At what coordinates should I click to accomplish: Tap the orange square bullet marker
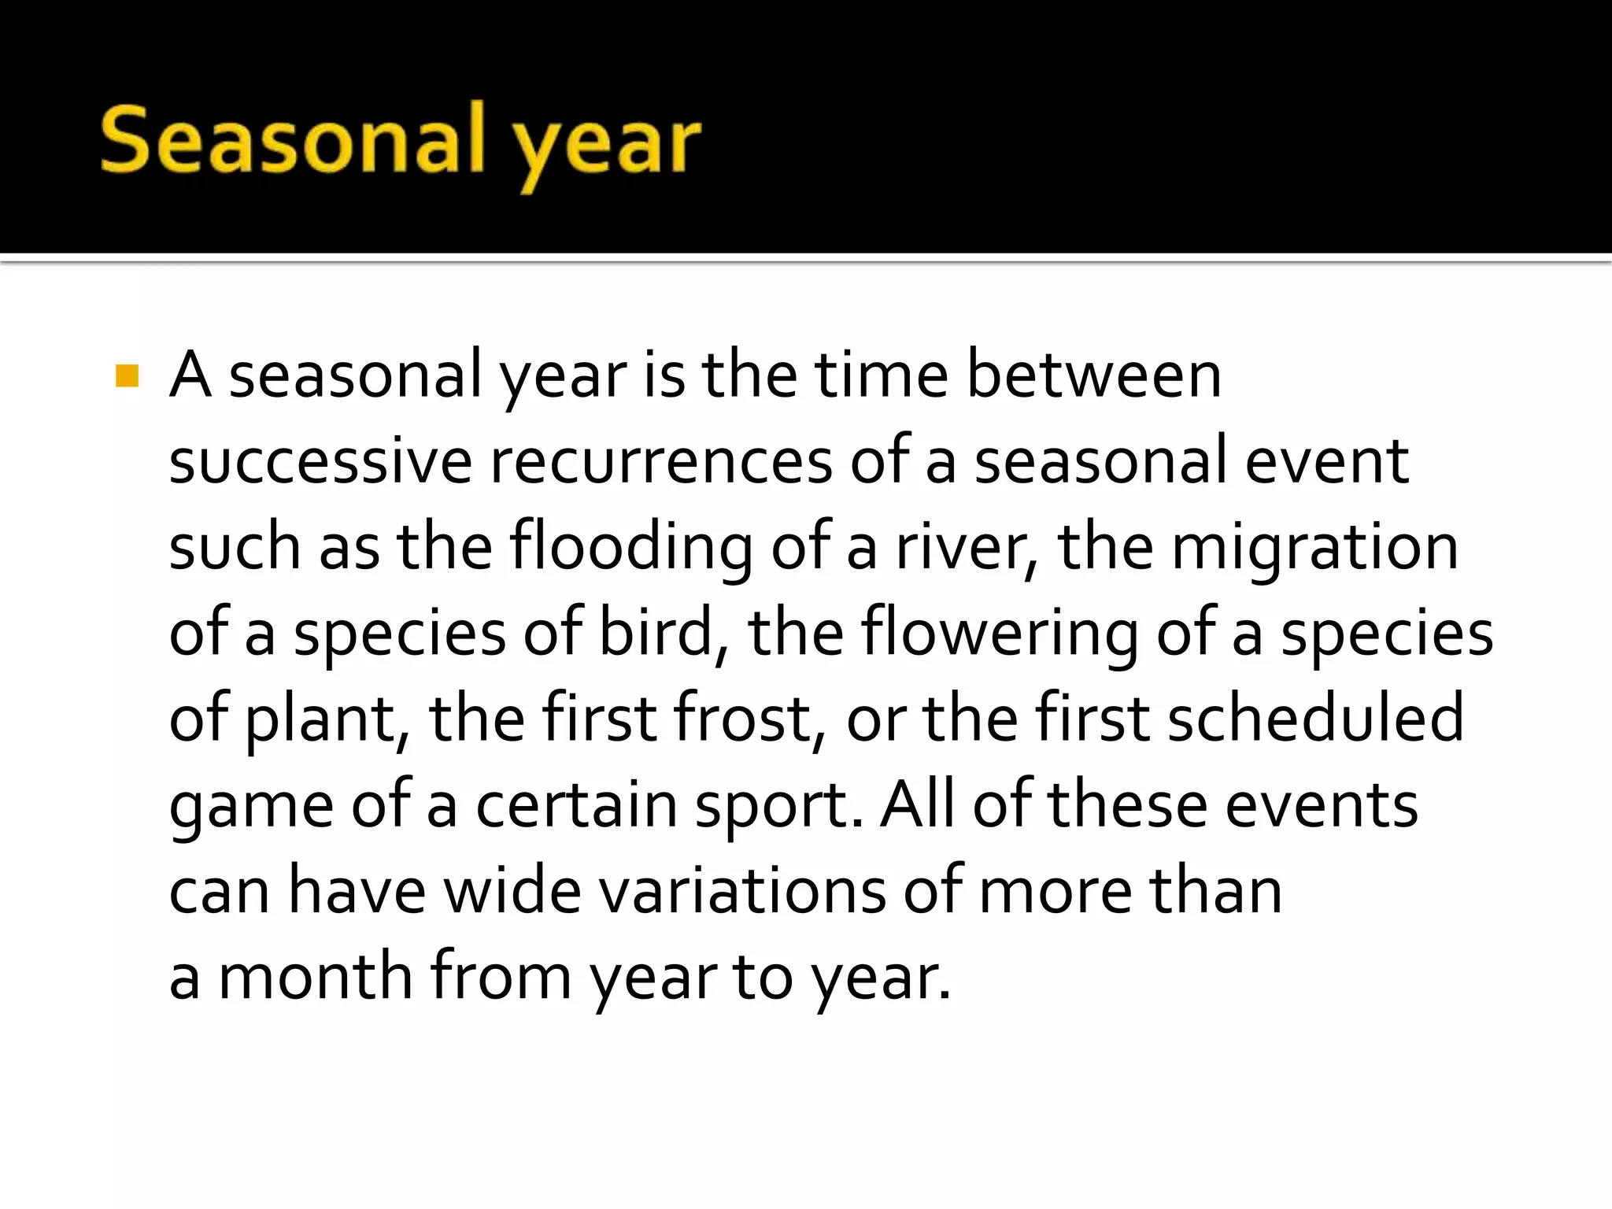[127, 376]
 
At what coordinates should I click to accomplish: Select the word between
[1093, 375]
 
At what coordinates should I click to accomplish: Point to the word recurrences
[660, 461]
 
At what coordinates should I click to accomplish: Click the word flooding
[630, 548]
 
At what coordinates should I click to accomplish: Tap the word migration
[1314, 548]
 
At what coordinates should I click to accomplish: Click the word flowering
[998, 634]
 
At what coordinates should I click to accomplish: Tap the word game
[251, 808]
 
